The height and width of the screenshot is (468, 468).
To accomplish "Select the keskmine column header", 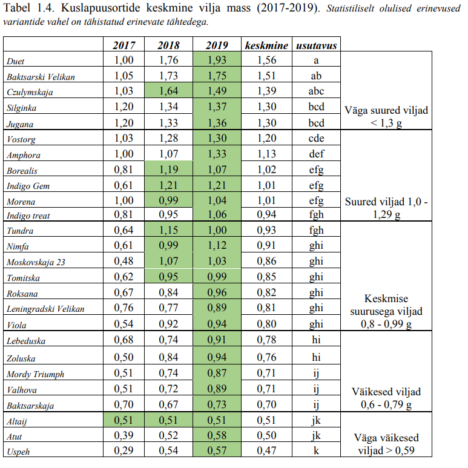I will [x=266, y=45].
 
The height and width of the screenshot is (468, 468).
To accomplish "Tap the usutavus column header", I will [x=316, y=45].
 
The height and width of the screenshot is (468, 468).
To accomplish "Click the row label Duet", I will [x=15, y=61].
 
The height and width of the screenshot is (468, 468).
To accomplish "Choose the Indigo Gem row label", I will [x=28, y=186].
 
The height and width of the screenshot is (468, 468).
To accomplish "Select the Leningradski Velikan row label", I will [x=45, y=309].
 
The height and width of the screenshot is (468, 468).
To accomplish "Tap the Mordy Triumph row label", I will [x=35, y=374].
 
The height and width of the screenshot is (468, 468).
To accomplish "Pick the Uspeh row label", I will [x=18, y=452].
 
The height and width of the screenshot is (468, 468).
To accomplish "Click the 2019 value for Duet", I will [x=217, y=61].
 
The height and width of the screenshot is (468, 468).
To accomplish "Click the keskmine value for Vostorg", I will [x=266, y=139].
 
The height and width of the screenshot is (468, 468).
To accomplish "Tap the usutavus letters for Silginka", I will [x=316, y=107].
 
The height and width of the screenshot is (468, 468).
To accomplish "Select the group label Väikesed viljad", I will [x=386, y=392].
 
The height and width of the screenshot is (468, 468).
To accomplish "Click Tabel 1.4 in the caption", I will [x=28, y=8].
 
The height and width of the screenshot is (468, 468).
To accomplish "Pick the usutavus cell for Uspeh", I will [x=316, y=452].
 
